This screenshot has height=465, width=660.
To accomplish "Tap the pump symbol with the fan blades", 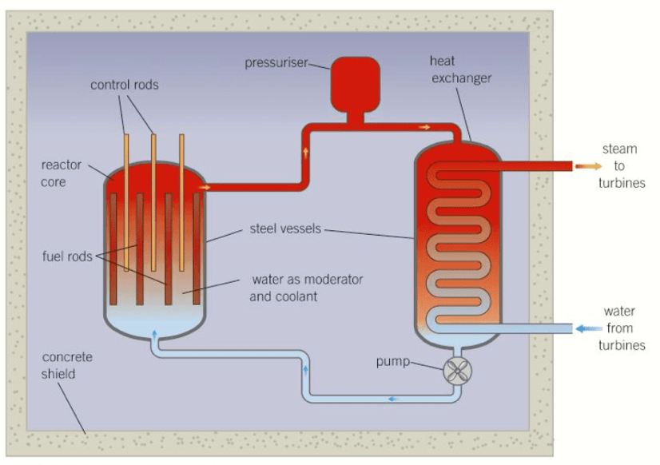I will (x=458, y=371).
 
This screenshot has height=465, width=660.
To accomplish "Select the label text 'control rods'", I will (x=124, y=84).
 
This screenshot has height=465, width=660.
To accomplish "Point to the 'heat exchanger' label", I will (x=460, y=70).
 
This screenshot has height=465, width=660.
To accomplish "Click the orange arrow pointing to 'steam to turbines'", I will (x=590, y=166).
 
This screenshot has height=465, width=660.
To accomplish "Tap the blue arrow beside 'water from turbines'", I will (x=590, y=328).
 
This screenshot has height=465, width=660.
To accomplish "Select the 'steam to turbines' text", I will (x=621, y=166).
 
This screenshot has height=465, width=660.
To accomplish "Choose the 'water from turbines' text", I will (x=621, y=328).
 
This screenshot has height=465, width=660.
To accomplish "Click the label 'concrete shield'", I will (x=67, y=365).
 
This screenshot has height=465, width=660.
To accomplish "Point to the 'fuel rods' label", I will (x=66, y=256).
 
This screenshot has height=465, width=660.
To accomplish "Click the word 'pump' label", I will (x=392, y=362).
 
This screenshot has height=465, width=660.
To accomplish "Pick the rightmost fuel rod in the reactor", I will (x=197, y=248).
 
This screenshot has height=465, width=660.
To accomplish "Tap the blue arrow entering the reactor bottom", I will (x=154, y=333).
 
